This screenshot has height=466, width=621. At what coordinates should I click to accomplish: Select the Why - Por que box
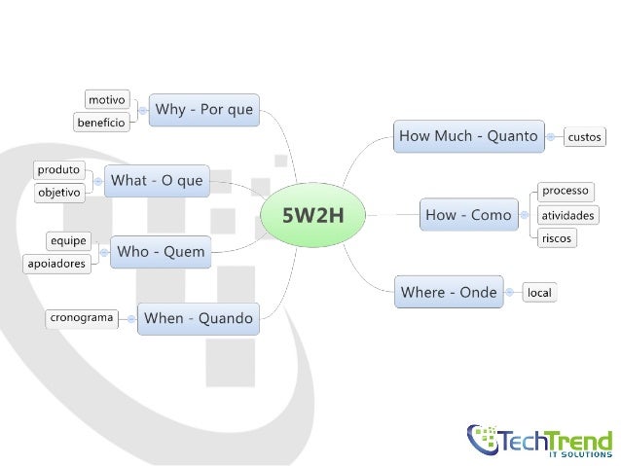(x=204, y=110)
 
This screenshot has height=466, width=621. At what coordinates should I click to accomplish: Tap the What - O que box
(x=157, y=180)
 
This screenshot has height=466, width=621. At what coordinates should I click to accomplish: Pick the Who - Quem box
(x=161, y=252)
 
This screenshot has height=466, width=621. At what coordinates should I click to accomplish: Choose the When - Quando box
(x=198, y=318)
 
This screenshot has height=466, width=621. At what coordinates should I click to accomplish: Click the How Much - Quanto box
(x=467, y=137)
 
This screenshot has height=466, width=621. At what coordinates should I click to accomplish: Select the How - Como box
(x=468, y=215)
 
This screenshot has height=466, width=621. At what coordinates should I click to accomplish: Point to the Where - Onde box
(x=449, y=292)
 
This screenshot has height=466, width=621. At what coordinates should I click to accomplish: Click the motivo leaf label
(x=106, y=99)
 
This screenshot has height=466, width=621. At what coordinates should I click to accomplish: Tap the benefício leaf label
(x=100, y=123)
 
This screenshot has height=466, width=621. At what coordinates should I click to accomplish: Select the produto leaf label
(x=59, y=169)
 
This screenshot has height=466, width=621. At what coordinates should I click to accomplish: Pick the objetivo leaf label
(x=59, y=193)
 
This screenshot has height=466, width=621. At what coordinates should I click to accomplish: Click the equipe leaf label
(x=68, y=239)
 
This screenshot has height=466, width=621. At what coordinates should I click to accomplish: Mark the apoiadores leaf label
(x=56, y=264)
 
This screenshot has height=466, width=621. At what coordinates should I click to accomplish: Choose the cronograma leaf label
(x=82, y=317)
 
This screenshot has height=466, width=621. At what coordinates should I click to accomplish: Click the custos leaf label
(x=584, y=138)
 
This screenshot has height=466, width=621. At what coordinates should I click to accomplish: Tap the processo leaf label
(x=566, y=191)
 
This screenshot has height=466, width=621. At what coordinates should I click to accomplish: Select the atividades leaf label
(x=568, y=215)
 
